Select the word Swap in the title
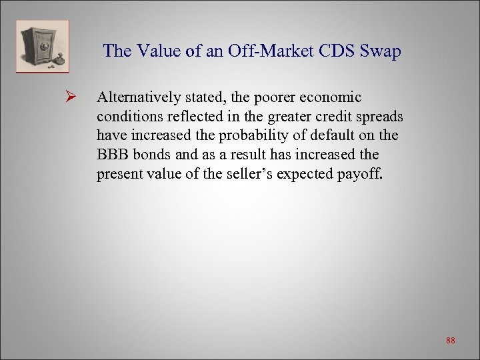coord(381,51)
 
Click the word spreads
coord(380,117)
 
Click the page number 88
coord(451,341)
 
